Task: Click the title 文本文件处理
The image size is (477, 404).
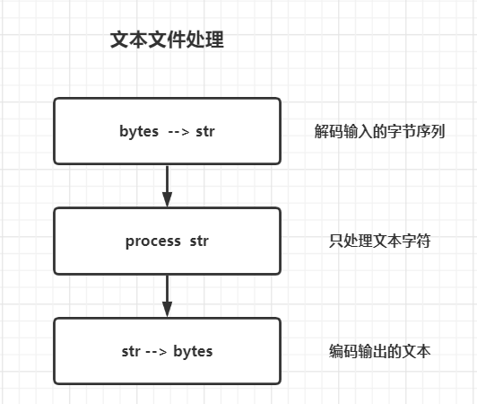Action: click(x=167, y=40)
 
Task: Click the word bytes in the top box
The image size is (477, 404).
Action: click(x=139, y=132)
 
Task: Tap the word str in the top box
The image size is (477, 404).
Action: click(x=205, y=131)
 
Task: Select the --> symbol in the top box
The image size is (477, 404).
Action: click(x=179, y=132)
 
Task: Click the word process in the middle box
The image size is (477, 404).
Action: click(x=153, y=242)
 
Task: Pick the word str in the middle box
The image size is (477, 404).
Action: click(x=199, y=241)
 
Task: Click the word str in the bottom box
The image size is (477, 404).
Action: click(x=131, y=351)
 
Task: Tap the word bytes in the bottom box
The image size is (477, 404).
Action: click(x=193, y=352)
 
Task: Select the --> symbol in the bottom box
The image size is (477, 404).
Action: click(x=156, y=352)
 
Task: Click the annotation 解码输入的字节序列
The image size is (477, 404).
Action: click(x=379, y=132)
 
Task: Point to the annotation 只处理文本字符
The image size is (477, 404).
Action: click(x=379, y=241)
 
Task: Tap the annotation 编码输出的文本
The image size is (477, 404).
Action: click(x=379, y=351)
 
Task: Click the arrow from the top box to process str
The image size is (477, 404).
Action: click(x=167, y=186)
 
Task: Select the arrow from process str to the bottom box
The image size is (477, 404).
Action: click(x=167, y=296)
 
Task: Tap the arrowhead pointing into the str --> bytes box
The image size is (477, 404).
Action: click(x=167, y=310)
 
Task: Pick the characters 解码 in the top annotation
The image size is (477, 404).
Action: click(x=329, y=132)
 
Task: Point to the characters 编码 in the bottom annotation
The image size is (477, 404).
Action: click(x=343, y=351)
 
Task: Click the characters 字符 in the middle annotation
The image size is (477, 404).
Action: click(x=416, y=241)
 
